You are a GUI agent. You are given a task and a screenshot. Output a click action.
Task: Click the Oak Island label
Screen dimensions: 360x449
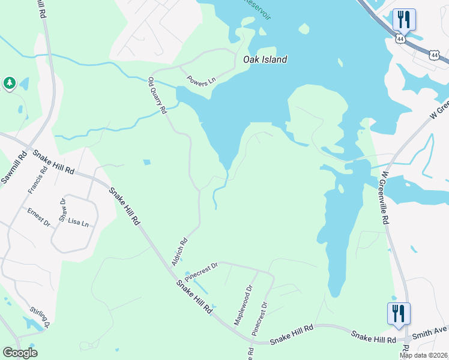tap(265, 59)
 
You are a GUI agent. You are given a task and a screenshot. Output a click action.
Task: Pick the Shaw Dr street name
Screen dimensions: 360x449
tap(62, 209)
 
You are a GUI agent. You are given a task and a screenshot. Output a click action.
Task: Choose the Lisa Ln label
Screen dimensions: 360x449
tap(78, 223)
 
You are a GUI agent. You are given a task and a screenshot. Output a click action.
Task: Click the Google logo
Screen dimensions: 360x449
tap(20, 353)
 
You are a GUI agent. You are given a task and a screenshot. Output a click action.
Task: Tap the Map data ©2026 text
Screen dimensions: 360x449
tap(423, 355)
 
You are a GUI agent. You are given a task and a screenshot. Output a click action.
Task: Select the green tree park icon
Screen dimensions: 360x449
tap(9, 83)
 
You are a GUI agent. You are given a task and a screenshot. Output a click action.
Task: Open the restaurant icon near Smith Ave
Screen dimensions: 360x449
tap(398, 314)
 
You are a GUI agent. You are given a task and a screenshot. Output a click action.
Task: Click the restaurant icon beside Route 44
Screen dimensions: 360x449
tap(403, 19)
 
